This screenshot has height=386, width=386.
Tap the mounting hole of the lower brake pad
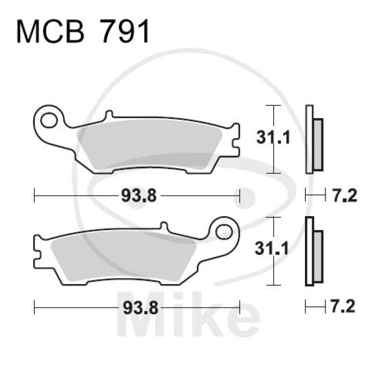point(224,231)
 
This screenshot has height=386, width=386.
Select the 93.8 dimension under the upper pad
point(137,195)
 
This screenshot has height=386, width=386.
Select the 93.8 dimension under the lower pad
point(137,307)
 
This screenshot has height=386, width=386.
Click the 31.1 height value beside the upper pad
point(273,139)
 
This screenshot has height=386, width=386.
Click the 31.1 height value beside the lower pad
point(273,249)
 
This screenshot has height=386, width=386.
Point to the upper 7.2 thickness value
point(345,195)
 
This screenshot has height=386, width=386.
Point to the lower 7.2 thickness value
point(345,306)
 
